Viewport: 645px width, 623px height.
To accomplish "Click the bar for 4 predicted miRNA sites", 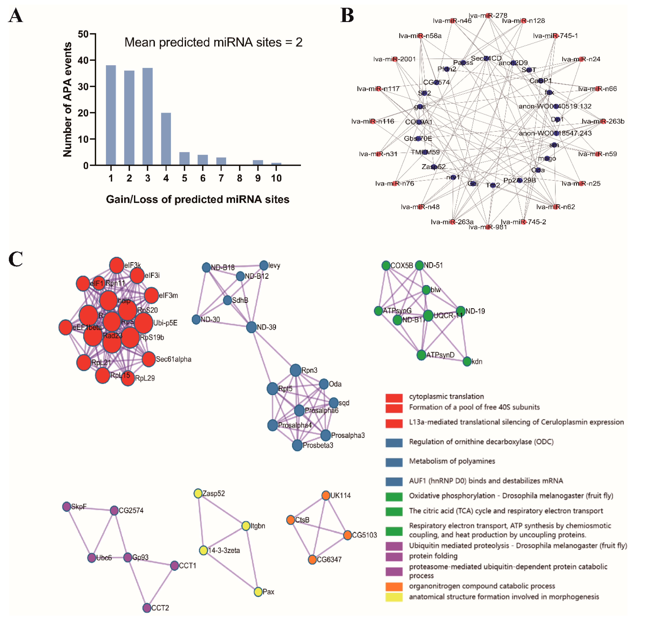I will [166, 139].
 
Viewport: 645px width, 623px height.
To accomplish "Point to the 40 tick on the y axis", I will [83, 60].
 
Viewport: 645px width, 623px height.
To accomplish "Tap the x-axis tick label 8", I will [240, 178].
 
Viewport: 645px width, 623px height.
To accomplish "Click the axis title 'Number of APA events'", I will [67, 99].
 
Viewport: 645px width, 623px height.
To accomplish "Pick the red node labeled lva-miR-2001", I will [395, 59].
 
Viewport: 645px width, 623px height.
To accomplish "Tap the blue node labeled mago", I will [547, 159].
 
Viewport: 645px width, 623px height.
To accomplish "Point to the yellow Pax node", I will [258, 592].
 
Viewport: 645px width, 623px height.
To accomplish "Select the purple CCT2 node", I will [147, 608].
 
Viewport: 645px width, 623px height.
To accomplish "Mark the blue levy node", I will [264, 265].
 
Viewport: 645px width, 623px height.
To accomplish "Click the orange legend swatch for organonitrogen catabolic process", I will [394, 587].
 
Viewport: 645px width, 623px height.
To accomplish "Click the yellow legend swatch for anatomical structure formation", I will [394, 597].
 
